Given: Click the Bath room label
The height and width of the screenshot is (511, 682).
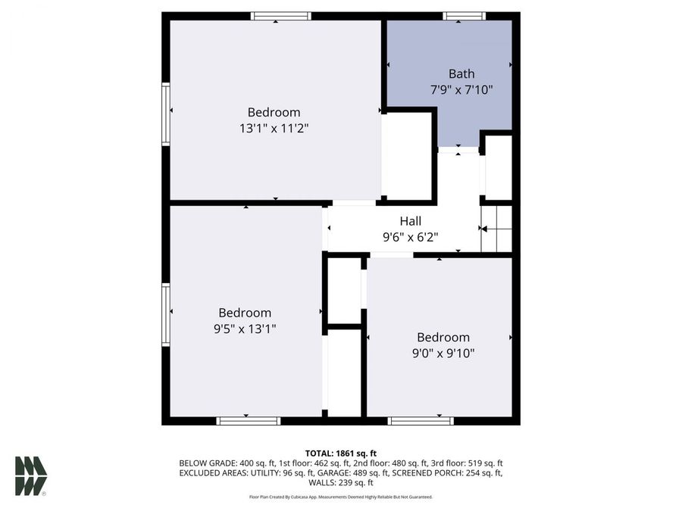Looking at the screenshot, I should (x=461, y=73).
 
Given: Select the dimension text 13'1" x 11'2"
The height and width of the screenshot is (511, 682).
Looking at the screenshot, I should (x=274, y=128).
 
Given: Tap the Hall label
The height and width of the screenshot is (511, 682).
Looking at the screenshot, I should (x=411, y=221).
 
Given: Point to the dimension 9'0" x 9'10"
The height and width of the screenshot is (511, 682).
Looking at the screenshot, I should (x=443, y=353).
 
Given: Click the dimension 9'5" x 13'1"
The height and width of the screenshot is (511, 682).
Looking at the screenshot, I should (x=245, y=329).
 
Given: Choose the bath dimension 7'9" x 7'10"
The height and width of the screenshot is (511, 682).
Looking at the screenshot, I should (x=461, y=89).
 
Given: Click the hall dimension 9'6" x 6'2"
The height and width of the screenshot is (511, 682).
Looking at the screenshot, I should (x=411, y=236).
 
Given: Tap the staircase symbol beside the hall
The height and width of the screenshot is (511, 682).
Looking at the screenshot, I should (x=497, y=229).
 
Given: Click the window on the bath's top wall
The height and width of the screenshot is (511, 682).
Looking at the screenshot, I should (x=465, y=15).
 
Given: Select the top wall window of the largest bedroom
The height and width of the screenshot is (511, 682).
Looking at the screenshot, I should (x=281, y=15).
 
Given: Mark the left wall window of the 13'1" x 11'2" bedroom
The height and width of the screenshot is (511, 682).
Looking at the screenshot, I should (x=165, y=113).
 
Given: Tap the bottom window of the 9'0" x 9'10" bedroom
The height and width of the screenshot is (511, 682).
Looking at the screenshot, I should (x=421, y=421).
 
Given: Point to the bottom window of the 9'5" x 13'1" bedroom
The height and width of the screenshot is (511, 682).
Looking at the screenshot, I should (x=249, y=421).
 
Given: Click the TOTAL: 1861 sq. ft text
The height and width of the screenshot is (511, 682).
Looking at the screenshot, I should (x=340, y=453).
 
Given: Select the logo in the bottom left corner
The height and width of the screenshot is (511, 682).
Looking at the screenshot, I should (x=31, y=476).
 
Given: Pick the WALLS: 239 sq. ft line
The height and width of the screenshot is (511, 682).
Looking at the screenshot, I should (x=340, y=482).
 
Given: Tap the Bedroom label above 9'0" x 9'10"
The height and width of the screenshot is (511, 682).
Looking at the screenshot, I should (x=443, y=337).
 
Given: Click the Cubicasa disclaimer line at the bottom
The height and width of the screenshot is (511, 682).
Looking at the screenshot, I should (x=340, y=497).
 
